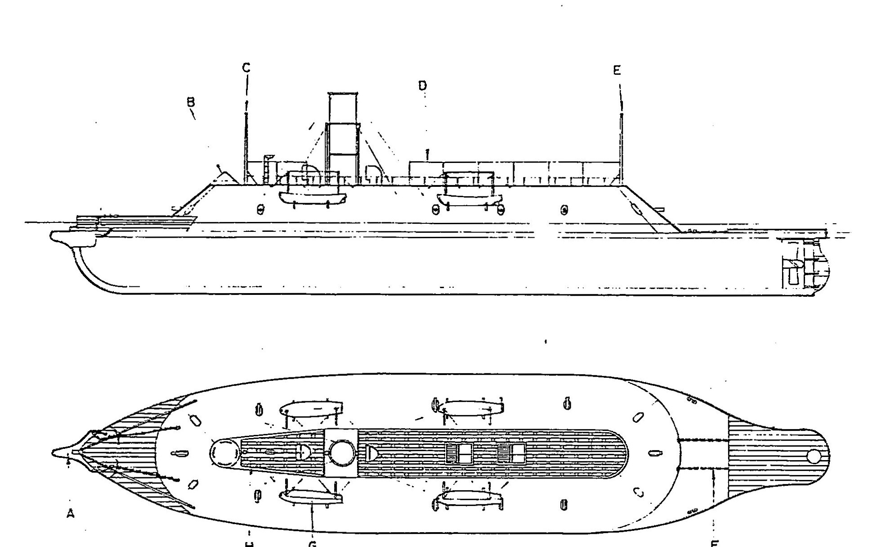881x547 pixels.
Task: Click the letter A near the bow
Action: (x=70, y=513)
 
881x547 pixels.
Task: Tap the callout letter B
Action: (x=191, y=102)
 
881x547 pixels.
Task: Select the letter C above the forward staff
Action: (x=246, y=68)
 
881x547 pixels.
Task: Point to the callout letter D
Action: (x=422, y=86)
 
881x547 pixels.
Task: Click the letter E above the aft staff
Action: (x=617, y=70)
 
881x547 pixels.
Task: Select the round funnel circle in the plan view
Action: (x=342, y=452)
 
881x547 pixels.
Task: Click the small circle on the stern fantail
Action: (x=814, y=457)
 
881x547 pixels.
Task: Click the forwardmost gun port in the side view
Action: (x=260, y=209)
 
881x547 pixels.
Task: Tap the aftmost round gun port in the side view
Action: (x=564, y=209)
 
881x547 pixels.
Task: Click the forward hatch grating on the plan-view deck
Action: (x=459, y=453)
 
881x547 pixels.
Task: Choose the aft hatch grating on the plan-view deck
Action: (x=511, y=453)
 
